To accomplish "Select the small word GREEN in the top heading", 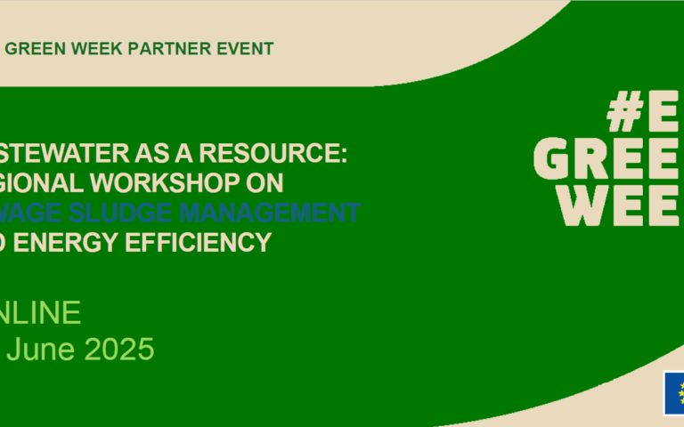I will pyautogui.click(x=33, y=48).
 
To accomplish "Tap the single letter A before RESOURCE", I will pyautogui.click(x=191, y=153).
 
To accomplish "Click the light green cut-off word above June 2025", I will pyautogui.click(x=42, y=312).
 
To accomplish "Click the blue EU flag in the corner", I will pyautogui.click(x=673, y=393).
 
